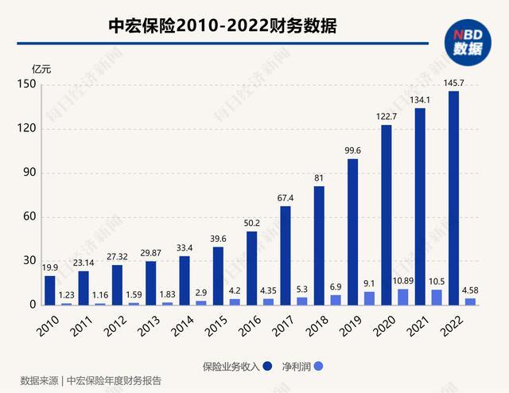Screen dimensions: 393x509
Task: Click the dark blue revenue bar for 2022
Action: click(x=453, y=198)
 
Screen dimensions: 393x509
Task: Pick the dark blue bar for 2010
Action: click(x=50, y=290)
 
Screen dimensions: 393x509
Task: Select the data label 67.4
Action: click(x=286, y=198)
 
